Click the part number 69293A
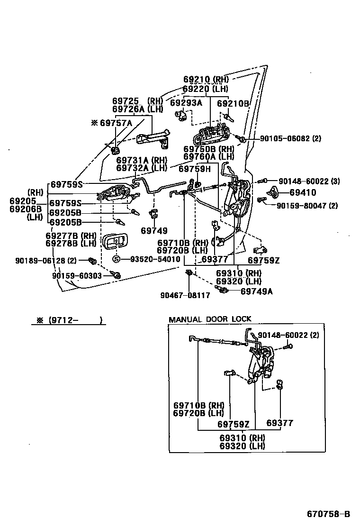(x=186, y=102)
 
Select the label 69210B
(x=233, y=103)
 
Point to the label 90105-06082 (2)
(x=290, y=138)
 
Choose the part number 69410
(x=303, y=192)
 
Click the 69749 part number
(x=154, y=231)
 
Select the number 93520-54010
(x=152, y=259)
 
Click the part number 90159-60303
(x=77, y=275)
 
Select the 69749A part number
(x=256, y=291)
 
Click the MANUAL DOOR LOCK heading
(x=210, y=319)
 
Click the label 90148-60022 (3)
(x=309, y=181)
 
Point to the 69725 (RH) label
(x=137, y=101)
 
